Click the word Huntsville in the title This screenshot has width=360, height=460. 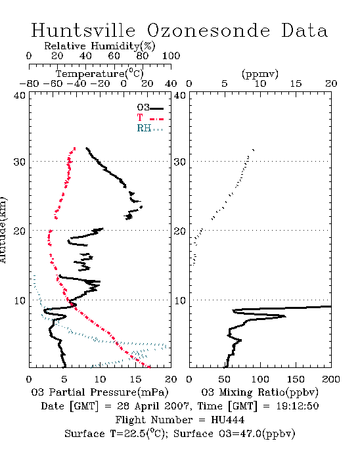click(83, 30)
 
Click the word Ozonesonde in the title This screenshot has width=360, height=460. click(208, 30)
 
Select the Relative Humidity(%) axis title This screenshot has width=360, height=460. click(100, 46)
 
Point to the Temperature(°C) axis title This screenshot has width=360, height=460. click(100, 74)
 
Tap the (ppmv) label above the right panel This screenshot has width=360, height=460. click(260, 74)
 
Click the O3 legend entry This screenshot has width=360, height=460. click(150, 108)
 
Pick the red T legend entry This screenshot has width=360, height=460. click(150, 118)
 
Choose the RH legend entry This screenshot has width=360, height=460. click(150, 128)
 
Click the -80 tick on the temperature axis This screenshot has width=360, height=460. click(29, 84)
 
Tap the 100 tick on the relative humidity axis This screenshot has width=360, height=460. click(171, 56)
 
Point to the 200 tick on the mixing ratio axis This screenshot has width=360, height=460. click(331, 380)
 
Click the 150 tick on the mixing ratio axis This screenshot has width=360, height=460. click(296, 380)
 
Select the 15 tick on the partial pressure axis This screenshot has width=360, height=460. click(135, 380)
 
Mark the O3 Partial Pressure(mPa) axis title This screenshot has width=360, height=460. click(100, 392)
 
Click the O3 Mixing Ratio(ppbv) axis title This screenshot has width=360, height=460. click(259, 392)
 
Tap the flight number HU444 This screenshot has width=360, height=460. click(227, 420)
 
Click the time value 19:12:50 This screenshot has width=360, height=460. click(298, 406)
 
